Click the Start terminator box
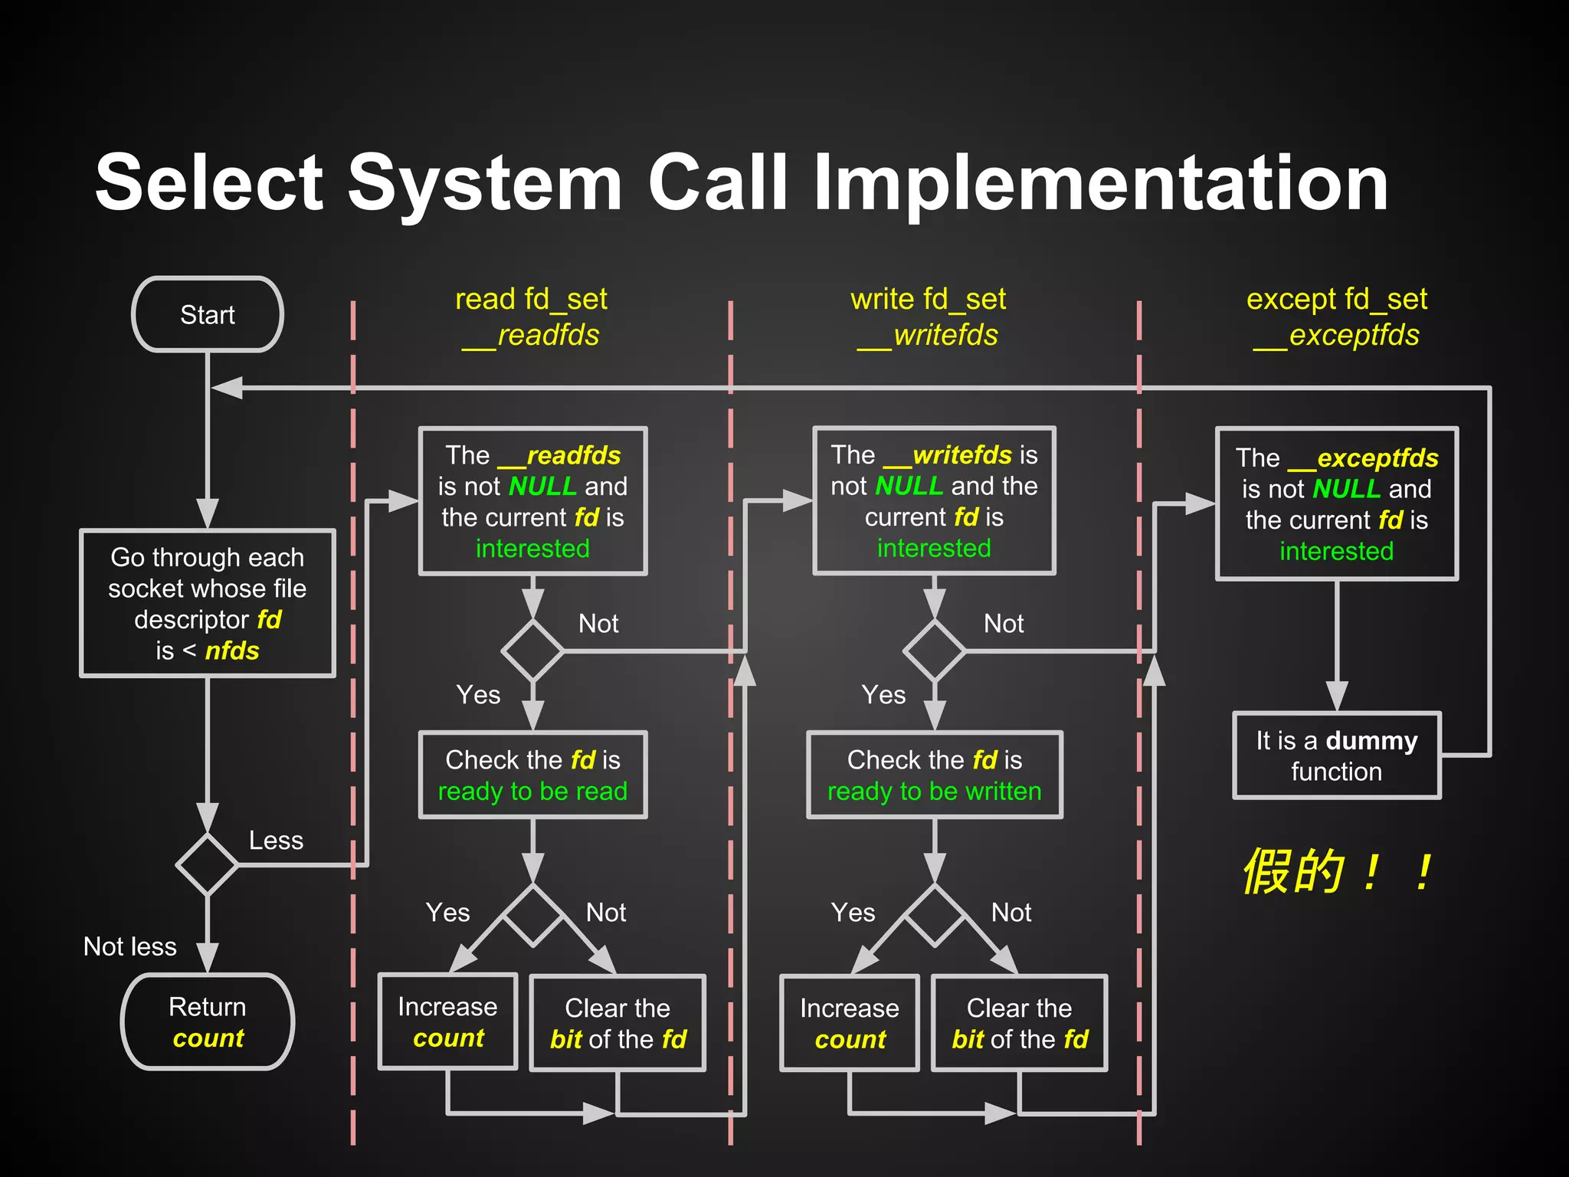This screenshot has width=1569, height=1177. coord(208,315)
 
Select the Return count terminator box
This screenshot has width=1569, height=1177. coord(208,1021)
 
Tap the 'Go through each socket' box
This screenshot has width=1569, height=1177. coord(208,603)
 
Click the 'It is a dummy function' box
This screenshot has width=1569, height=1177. coord(1337,756)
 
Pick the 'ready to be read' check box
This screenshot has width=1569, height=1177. coord(532,775)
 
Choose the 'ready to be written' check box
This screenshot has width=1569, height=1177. coord(934,775)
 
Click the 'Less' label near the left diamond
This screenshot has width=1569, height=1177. coord(276,841)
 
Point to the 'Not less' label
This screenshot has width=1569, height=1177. coord(129,946)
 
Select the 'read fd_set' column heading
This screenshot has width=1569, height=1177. coord(531,299)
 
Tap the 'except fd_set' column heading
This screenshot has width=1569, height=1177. coord(1337,299)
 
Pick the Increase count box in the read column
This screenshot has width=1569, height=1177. coord(448,1021)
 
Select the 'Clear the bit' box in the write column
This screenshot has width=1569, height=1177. coord(1019,1023)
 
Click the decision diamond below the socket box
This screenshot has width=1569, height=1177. coord(208,864)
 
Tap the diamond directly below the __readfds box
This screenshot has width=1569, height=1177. coord(532,651)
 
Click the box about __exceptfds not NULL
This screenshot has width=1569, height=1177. coord(1337,503)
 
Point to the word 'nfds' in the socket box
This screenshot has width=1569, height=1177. coord(232,651)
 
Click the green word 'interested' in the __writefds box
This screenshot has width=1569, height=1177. coord(934,548)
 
